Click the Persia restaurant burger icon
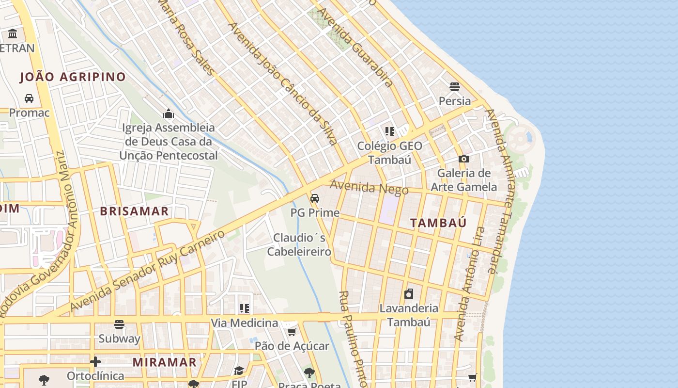point(454,87)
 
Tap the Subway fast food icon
point(119,324)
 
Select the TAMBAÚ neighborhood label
point(438,223)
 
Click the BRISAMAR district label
point(134,211)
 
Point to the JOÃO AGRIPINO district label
point(73,77)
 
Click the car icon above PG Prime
point(314,198)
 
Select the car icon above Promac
point(29,98)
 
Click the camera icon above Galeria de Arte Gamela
point(463,159)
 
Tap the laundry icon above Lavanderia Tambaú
point(409,294)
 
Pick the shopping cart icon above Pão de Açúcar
point(292,332)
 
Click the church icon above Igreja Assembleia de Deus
point(169,114)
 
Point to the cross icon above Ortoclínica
point(95,362)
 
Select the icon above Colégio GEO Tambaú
point(390,131)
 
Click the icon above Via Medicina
point(245,308)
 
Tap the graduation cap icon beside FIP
point(239,371)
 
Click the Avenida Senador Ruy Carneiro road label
point(148,271)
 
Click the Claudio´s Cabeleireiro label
point(299,244)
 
